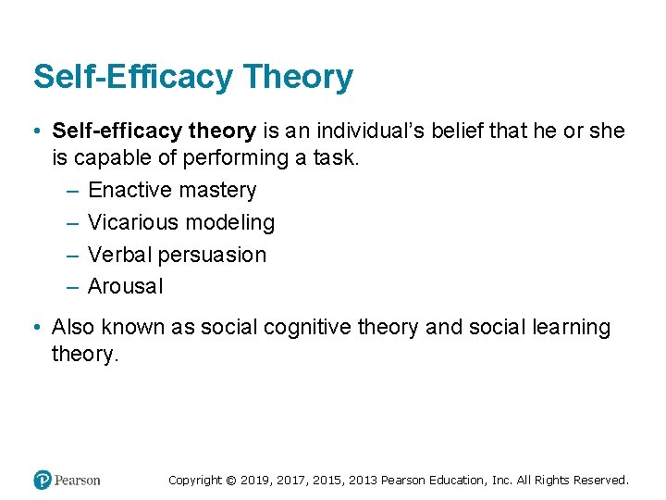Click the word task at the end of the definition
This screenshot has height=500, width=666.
pyautogui.click(x=335, y=158)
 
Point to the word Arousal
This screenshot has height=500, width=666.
pyautogui.click(x=125, y=287)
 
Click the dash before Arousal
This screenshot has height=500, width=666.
pyautogui.click(x=73, y=287)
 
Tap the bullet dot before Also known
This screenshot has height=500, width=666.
pyautogui.click(x=33, y=328)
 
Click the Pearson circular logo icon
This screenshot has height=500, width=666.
pyautogui.click(x=42, y=480)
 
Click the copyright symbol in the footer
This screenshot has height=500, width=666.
pyautogui.click(x=231, y=481)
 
